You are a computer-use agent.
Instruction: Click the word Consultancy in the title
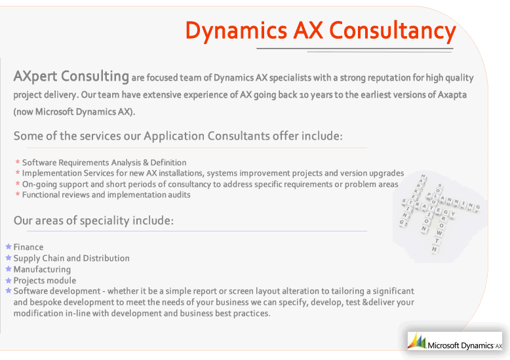pyautogui.click(x=393, y=31)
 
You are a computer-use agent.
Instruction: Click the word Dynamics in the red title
pyautogui.click(x=236, y=31)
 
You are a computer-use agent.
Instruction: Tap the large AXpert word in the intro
pyautogui.click(x=35, y=77)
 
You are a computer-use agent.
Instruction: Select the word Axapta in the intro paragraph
pyautogui.click(x=452, y=95)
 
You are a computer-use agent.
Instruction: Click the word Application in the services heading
pyautogui.click(x=174, y=136)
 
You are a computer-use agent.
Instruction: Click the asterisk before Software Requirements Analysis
pyautogui.click(x=18, y=162)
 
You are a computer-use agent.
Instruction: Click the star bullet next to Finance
pyautogui.click(x=9, y=247)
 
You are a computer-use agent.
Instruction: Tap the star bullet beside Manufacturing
pyautogui.click(x=9, y=269)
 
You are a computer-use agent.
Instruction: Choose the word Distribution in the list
pyautogui.click(x=106, y=258)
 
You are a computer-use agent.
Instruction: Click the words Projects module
pyautogui.click(x=45, y=281)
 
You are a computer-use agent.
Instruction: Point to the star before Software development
pyautogui.click(x=9, y=290)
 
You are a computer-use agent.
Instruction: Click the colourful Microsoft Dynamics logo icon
pyautogui.click(x=417, y=341)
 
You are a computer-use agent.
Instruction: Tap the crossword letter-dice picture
pyautogui.click(x=440, y=215)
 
